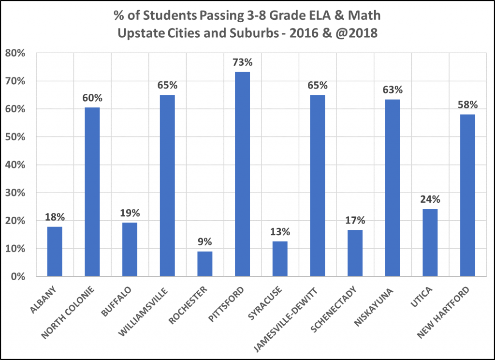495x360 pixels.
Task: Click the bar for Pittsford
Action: point(242,174)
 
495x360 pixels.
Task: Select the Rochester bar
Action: point(204,264)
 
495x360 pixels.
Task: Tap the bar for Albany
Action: point(55,252)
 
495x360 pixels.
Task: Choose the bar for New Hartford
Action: point(467,195)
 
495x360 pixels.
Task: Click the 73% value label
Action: point(242,63)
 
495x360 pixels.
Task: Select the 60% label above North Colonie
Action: point(92,98)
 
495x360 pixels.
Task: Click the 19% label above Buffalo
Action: point(130,213)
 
